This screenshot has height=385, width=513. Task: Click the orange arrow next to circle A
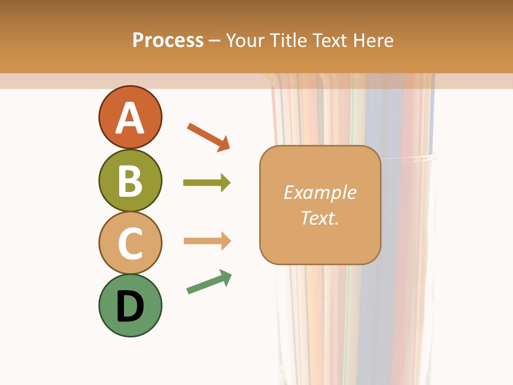tap(207, 136)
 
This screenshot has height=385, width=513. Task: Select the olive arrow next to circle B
tap(206, 183)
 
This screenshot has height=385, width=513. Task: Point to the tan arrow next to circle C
tap(206, 241)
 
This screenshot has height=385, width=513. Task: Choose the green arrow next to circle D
tap(208, 282)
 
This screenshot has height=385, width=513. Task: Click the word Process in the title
tap(168, 41)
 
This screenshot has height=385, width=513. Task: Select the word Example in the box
tap(320, 192)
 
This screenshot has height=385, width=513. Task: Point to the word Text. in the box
tap(320, 218)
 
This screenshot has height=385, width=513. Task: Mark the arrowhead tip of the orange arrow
tap(229, 149)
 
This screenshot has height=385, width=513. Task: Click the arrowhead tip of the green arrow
tap(231, 273)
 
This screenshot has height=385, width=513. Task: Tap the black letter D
tap(130, 307)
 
